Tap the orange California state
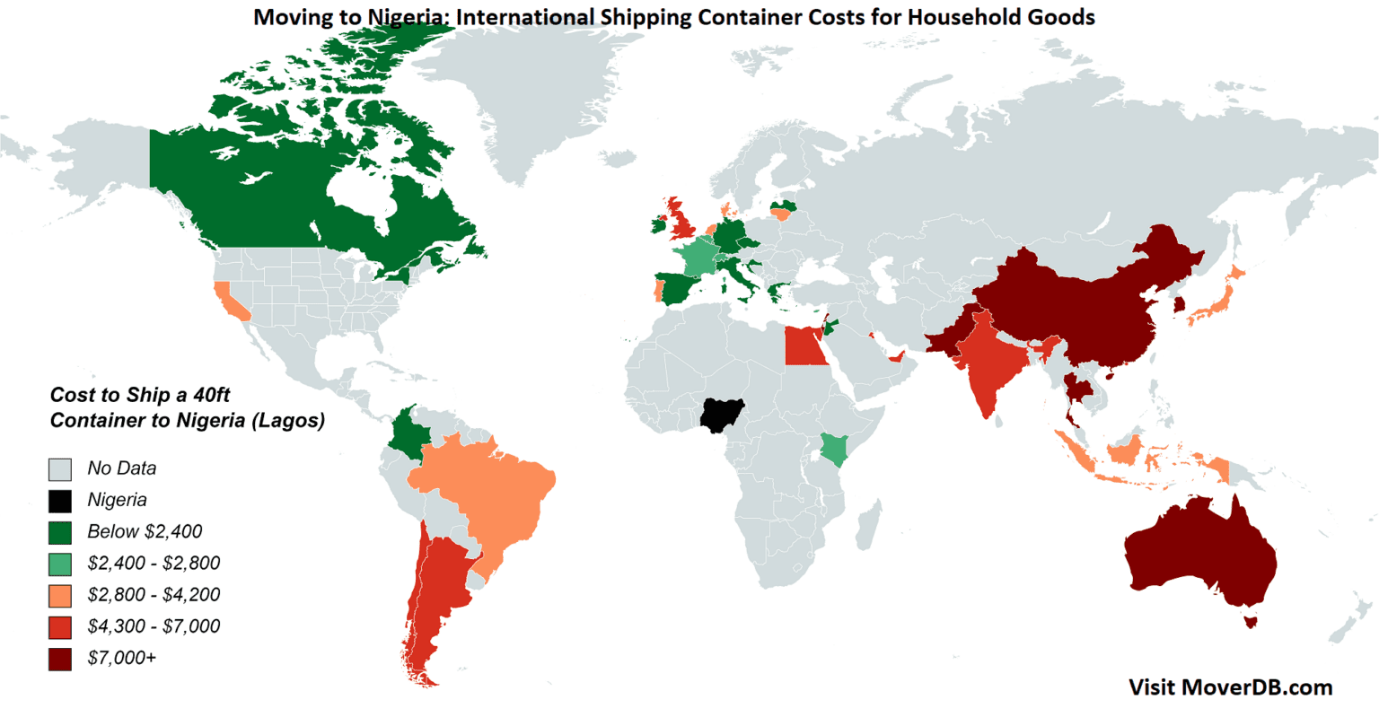(231, 302)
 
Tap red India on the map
(988, 359)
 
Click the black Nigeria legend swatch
(60, 501)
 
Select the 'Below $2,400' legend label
(145, 531)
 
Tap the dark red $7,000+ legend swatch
(60, 659)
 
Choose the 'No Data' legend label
(122, 468)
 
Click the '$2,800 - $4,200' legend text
(154, 594)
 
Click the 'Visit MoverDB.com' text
(1230, 687)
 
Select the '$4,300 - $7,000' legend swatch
(60, 627)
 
